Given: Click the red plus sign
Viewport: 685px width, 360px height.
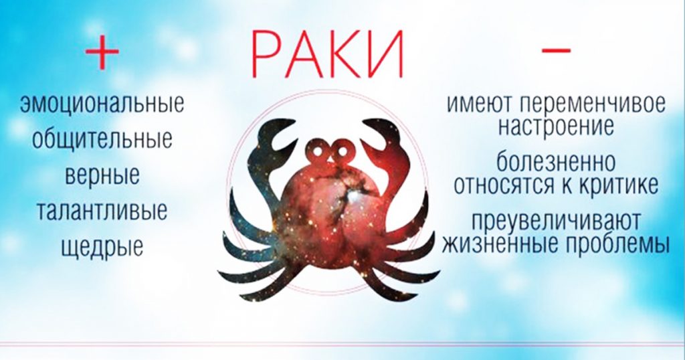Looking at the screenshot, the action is point(102,52).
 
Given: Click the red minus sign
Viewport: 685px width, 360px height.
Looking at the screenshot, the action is point(556,50).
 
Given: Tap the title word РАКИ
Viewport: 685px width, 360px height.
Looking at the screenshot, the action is point(327,56).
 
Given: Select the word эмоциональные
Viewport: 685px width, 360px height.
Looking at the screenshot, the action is point(102,104).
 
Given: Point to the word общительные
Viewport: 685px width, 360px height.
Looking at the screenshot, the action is point(102,140).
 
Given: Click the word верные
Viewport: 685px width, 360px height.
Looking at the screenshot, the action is point(102,175).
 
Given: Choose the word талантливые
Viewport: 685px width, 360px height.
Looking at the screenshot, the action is point(102,210).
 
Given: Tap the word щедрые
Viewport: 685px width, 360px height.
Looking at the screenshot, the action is point(102,246).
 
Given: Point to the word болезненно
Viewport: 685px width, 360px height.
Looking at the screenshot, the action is point(556,162).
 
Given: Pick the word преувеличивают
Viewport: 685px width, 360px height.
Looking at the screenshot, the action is point(556,221).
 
